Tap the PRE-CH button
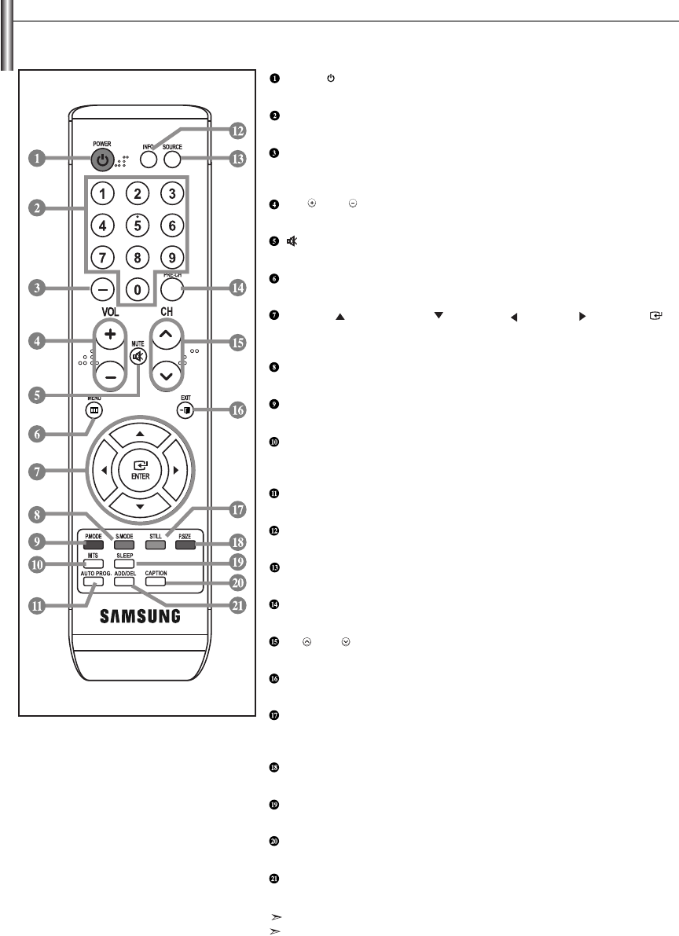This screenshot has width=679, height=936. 171,288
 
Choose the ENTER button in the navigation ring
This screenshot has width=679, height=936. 138,469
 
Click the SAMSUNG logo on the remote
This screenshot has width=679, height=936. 138,615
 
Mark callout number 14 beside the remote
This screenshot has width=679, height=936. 234,288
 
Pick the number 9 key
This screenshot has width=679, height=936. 171,256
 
